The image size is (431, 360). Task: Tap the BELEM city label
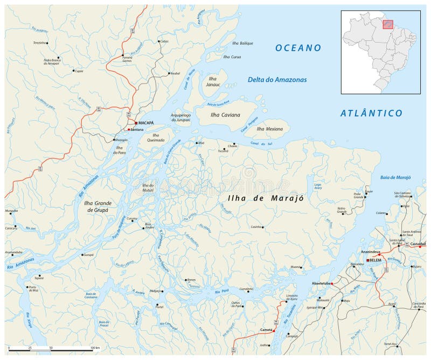(x=375, y=260)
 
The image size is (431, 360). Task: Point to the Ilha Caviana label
(x=226, y=115)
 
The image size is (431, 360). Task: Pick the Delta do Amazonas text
(x=277, y=80)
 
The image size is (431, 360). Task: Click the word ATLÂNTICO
(x=371, y=113)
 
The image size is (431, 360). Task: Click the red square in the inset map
(x=388, y=24)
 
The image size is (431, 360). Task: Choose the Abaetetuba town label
(x=321, y=282)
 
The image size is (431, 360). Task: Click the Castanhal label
(x=418, y=244)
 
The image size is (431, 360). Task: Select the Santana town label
(x=137, y=129)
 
